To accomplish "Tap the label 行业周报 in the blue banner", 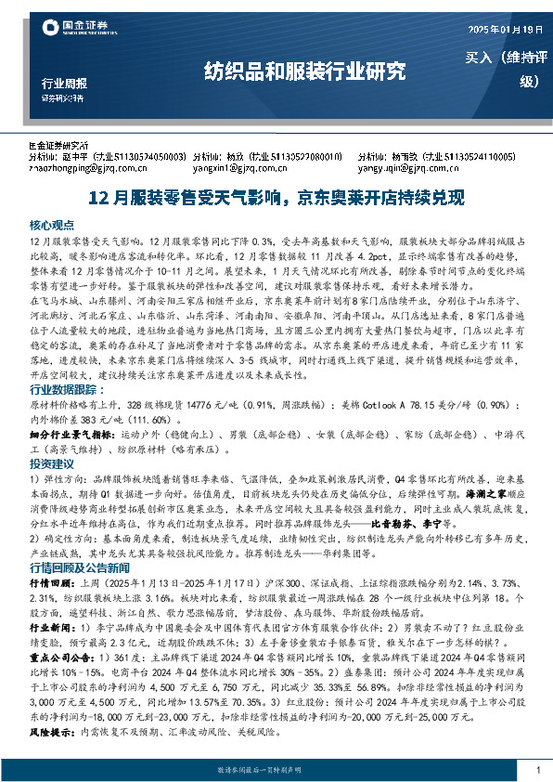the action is coord(64,82).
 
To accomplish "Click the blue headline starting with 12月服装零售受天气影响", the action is coord(276,197).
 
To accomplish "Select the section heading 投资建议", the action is coord(50,462).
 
